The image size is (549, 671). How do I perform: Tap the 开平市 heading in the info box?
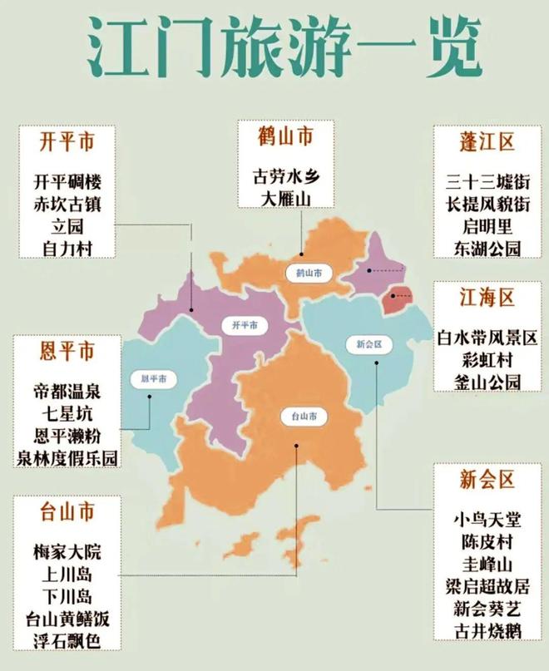pyautogui.click(x=67, y=142)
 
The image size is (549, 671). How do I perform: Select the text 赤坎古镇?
pyautogui.click(x=67, y=204)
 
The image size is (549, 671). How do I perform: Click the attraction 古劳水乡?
pyautogui.click(x=285, y=176)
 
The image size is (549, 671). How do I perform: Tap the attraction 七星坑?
pyautogui.click(x=67, y=413)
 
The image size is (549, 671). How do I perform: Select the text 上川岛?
pyautogui.click(x=67, y=575)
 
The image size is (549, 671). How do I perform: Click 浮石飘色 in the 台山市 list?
pyautogui.click(x=67, y=640)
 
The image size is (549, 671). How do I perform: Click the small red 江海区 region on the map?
pyautogui.click(x=399, y=299)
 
